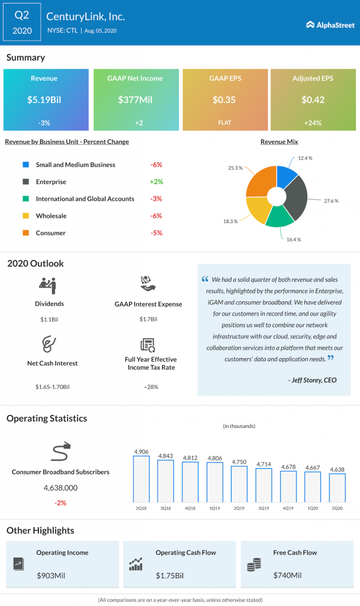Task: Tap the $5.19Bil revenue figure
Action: pyautogui.click(x=46, y=99)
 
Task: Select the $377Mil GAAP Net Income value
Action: pyautogui.click(x=135, y=99)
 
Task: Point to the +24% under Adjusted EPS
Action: pyautogui.click(x=313, y=123)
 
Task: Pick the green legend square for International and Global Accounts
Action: pyautogui.click(x=25, y=199)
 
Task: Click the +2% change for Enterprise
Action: pyautogui.click(x=156, y=182)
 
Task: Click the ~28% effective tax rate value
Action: pyautogui.click(x=150, y=386)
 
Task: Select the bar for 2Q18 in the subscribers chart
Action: pyautogui.click(x=142, y=478)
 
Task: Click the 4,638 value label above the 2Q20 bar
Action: pyautogui.click(x=337, y=469)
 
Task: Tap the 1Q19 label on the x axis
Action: pyautogui.click(x=214, y=508)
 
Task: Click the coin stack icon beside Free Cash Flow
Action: pyautogui.click(x=253, y=565)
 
